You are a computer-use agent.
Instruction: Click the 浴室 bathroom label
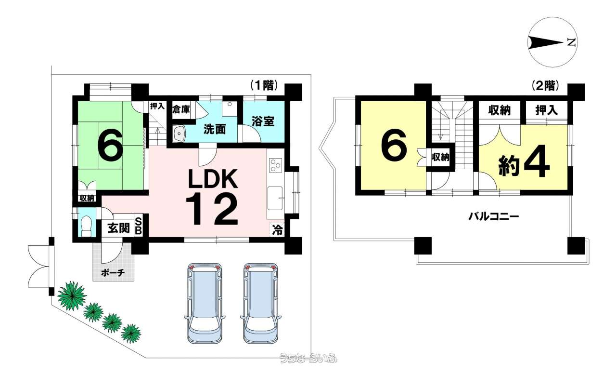[x=263, y=121]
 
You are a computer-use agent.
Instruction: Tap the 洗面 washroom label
[x=215, y=129]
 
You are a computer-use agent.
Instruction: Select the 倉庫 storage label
[x=181, y=109]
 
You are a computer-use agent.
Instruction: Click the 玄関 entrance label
[x=118, y=228]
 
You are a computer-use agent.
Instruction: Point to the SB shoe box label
[x=139, y=226]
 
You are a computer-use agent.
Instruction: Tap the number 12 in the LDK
[x=212, y=209]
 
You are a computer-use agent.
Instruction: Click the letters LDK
[x=213, y=178]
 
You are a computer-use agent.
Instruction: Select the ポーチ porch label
[x=113, y=273]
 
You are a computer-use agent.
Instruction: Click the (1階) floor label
[x=264, y=86]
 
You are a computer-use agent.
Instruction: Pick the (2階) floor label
[x=546, y=86]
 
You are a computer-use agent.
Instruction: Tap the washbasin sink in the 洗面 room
[x=180, y=134]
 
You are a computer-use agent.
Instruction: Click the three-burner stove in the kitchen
[x=276, y=165]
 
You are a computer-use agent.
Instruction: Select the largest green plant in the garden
[x=72, y=295]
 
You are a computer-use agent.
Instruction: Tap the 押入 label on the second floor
[x=547, y=110]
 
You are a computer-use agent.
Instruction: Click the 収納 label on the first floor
[x=87, y=198]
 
